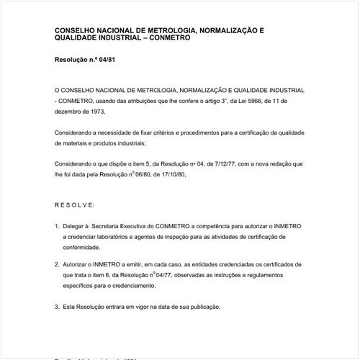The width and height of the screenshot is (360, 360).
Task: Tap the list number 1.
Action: (57, 226)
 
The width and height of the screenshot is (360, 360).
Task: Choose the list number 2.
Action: (57, 264)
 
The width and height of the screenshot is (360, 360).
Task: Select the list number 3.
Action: (57, 307)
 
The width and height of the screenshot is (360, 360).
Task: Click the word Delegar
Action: (76, 226)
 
